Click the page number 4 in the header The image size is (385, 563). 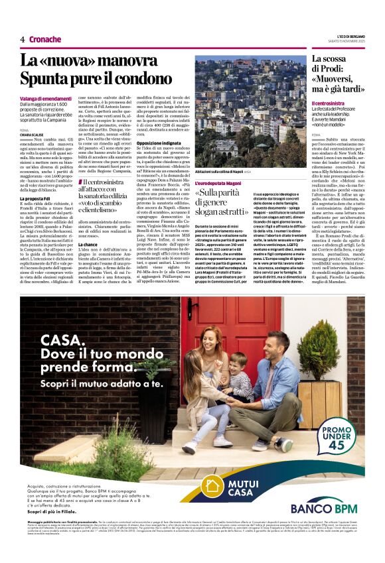(x=23, y=39)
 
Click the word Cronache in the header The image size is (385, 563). (x=46, y=39)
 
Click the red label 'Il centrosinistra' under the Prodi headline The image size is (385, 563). (x=330, y=103)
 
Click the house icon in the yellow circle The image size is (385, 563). (x=214, y=485)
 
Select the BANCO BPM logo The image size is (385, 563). (x=324, y=507)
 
